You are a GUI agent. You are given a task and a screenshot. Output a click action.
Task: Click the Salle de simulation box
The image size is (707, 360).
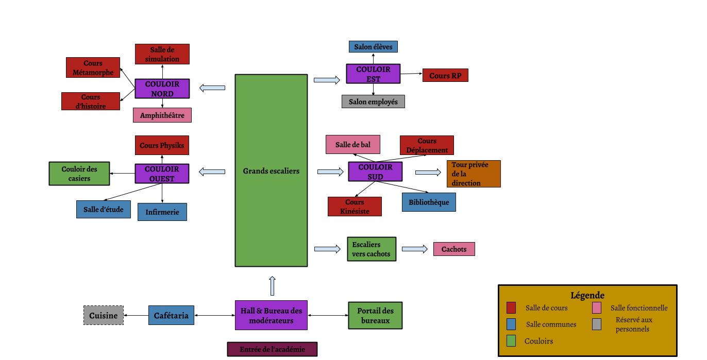[162, 54]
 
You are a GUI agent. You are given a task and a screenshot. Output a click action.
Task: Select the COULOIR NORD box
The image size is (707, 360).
[162, 89]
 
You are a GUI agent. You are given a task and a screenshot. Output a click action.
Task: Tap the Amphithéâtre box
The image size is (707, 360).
[162, 115]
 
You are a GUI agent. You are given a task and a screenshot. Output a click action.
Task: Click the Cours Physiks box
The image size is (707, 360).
[162, 145]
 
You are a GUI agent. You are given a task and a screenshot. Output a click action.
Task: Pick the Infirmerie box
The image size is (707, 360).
[162, 212]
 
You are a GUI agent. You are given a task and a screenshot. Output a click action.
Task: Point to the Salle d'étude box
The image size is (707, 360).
[103, 209]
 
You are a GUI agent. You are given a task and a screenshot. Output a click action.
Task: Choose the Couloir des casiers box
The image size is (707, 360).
[79, 174]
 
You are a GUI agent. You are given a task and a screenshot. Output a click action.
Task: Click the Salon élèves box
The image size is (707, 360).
[373, 47]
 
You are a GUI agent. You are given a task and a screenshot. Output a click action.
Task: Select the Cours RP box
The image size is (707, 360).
[445, 76]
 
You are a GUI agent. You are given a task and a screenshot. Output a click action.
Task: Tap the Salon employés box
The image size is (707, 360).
[373, 101]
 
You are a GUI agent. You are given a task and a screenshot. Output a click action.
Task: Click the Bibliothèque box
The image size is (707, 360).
[429, 202]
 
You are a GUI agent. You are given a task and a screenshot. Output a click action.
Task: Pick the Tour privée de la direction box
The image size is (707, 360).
[473, 174]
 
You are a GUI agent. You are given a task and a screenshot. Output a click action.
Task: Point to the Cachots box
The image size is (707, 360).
[453, 249]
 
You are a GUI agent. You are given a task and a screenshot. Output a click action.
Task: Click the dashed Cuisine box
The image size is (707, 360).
[104, 315]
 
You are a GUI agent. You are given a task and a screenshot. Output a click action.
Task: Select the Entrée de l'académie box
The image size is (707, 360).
[272, 349]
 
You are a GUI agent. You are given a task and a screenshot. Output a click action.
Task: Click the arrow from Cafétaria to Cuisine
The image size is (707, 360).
[136, 315]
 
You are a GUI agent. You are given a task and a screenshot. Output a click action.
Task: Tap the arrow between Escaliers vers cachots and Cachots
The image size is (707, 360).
[414, 249]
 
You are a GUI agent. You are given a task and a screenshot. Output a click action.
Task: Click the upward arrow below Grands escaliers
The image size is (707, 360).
[272, 285]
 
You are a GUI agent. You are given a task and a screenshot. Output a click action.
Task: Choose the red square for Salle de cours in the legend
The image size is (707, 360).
[511, 308]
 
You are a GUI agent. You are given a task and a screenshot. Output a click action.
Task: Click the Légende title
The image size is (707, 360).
[587, 295]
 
